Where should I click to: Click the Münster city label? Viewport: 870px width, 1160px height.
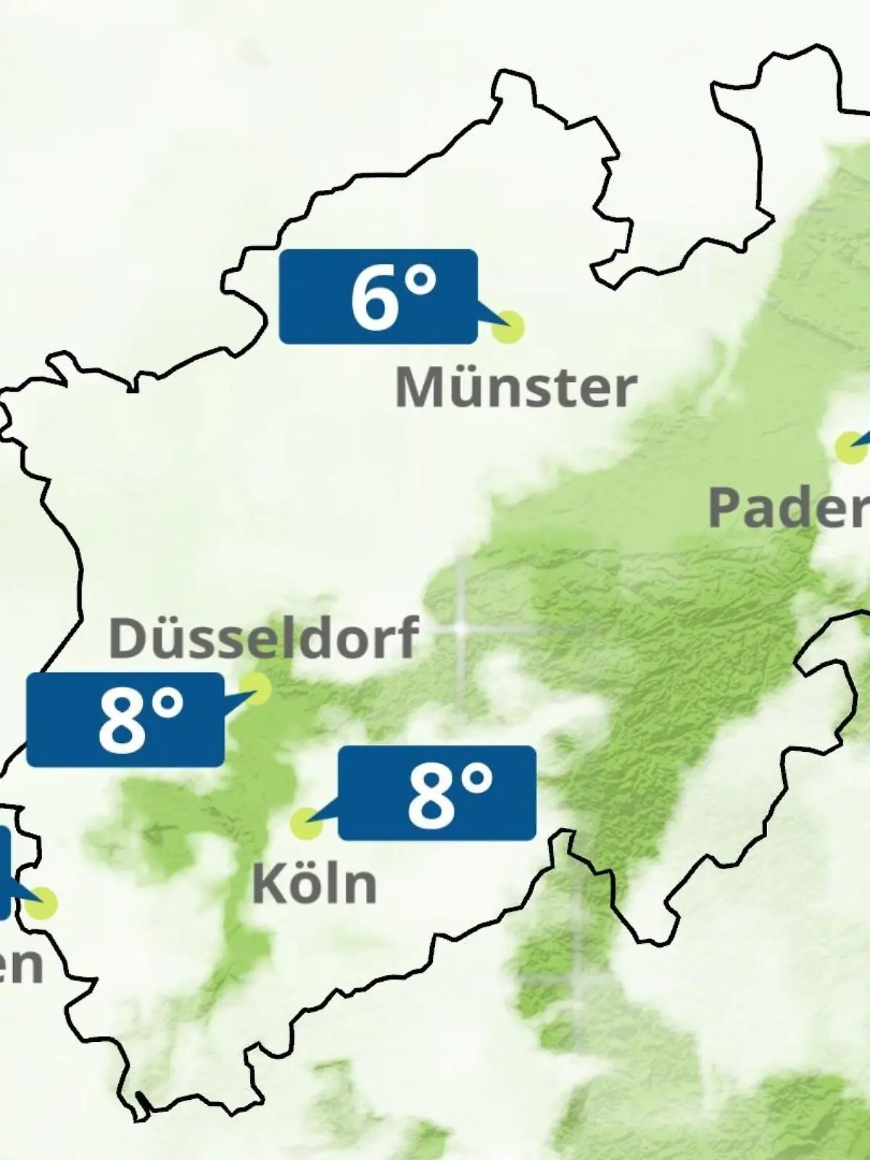pyautogui.click(x=515, y=388)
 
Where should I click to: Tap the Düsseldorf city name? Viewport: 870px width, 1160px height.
pyautogui.click(x=263, y=637)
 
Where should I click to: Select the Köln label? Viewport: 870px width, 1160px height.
pyautogui.click(x=314, y=884)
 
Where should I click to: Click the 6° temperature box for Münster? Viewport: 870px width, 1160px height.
pyautogui.click(x=378, y=297)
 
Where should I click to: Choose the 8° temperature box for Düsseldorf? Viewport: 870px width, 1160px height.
pyautogui.click(x=125, y=720)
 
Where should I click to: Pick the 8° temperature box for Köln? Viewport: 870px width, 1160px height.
pyautogui.click(x=437, y=793)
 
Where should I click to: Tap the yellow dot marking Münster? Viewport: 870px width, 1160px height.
pyautogui.click(x=507, y=327)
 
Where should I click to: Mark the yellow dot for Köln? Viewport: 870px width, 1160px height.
pyautogui.click(x=306, y=824)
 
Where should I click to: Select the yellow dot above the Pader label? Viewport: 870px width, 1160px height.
pyautogui.click(x=850, y=447)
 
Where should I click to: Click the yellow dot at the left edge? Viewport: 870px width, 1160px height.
pyautogui.click(x=42, y=903)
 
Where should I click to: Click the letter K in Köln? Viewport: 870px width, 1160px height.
pyautogui.click(x=268, y=884)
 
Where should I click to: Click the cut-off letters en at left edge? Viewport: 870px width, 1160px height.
pyautogui.click(x=20, y=966)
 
